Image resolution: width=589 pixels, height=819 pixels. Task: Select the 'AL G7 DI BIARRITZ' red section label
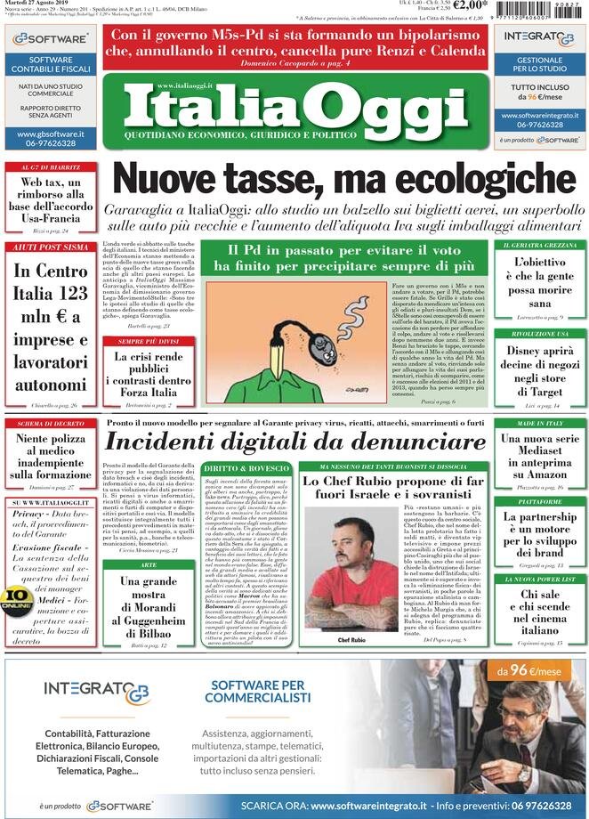point(50,167)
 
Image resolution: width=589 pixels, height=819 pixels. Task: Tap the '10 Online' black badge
point(17,598)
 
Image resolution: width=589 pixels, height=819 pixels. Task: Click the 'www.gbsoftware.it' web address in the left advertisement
point(51,134)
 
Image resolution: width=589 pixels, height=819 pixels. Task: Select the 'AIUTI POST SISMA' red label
point(50,247)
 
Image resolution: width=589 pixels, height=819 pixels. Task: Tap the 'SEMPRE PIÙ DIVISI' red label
point(148,341)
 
